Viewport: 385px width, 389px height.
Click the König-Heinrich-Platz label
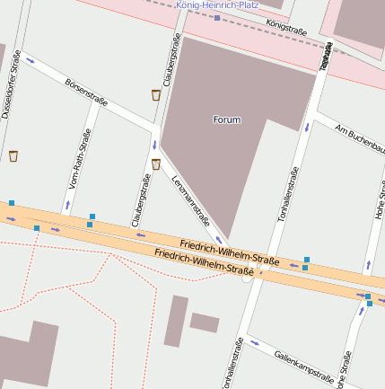tap(217, 4)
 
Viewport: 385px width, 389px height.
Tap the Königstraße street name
tap(287, 29)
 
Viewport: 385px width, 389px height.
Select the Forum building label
tap(227, 119)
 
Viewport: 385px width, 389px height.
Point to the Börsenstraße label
tap(86, 92)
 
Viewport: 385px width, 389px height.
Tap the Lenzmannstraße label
tap(189, 199)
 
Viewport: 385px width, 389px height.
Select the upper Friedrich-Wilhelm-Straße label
tap(229, 252)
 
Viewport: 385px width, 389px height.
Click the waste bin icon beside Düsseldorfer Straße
tap(13, 156)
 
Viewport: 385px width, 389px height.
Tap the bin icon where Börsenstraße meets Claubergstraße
tap(156, 94)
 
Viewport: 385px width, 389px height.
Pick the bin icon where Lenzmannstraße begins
tap(156, 164)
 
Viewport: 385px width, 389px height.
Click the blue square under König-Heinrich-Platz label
tap(217, 17)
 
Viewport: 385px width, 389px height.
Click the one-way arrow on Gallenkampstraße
tap(255, 342)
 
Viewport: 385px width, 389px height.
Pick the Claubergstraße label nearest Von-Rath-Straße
tap(139, 200)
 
